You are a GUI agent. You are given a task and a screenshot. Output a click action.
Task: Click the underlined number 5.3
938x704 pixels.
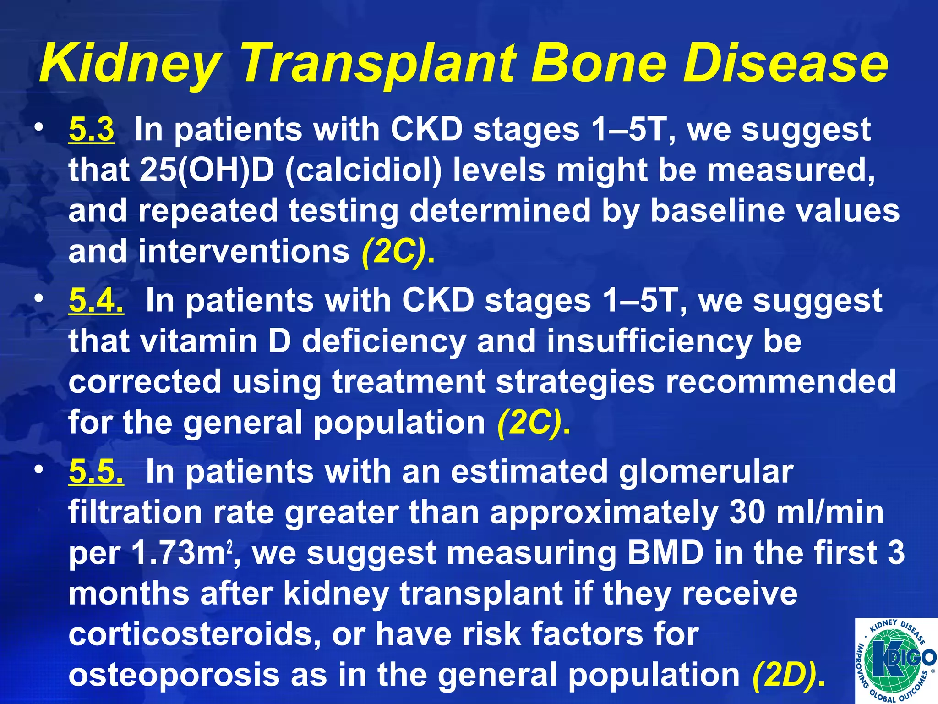coord(91,130)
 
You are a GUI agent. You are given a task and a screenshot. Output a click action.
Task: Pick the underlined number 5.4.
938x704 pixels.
coord(96,301)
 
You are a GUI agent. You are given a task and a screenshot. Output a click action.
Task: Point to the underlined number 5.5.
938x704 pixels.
coord(96,472)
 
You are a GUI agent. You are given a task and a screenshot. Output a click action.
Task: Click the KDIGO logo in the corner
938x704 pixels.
coord(895,660)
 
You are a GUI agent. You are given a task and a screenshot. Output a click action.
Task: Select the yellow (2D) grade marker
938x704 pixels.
coord(789,675)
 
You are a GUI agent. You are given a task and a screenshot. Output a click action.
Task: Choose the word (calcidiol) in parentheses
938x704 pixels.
coord(364,170)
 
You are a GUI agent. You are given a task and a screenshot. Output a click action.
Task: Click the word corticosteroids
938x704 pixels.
coord(194,634)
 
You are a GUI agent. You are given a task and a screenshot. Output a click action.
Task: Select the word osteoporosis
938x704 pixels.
coord(175,675)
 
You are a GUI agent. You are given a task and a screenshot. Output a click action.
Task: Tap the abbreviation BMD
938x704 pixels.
coord(665,553)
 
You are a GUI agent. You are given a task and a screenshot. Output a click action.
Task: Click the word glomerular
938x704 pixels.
coord(706,472)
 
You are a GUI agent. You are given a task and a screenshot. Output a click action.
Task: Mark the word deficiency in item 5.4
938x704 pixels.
coord(384,341)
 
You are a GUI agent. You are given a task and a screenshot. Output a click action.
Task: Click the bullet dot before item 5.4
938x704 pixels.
coord(40,298)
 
